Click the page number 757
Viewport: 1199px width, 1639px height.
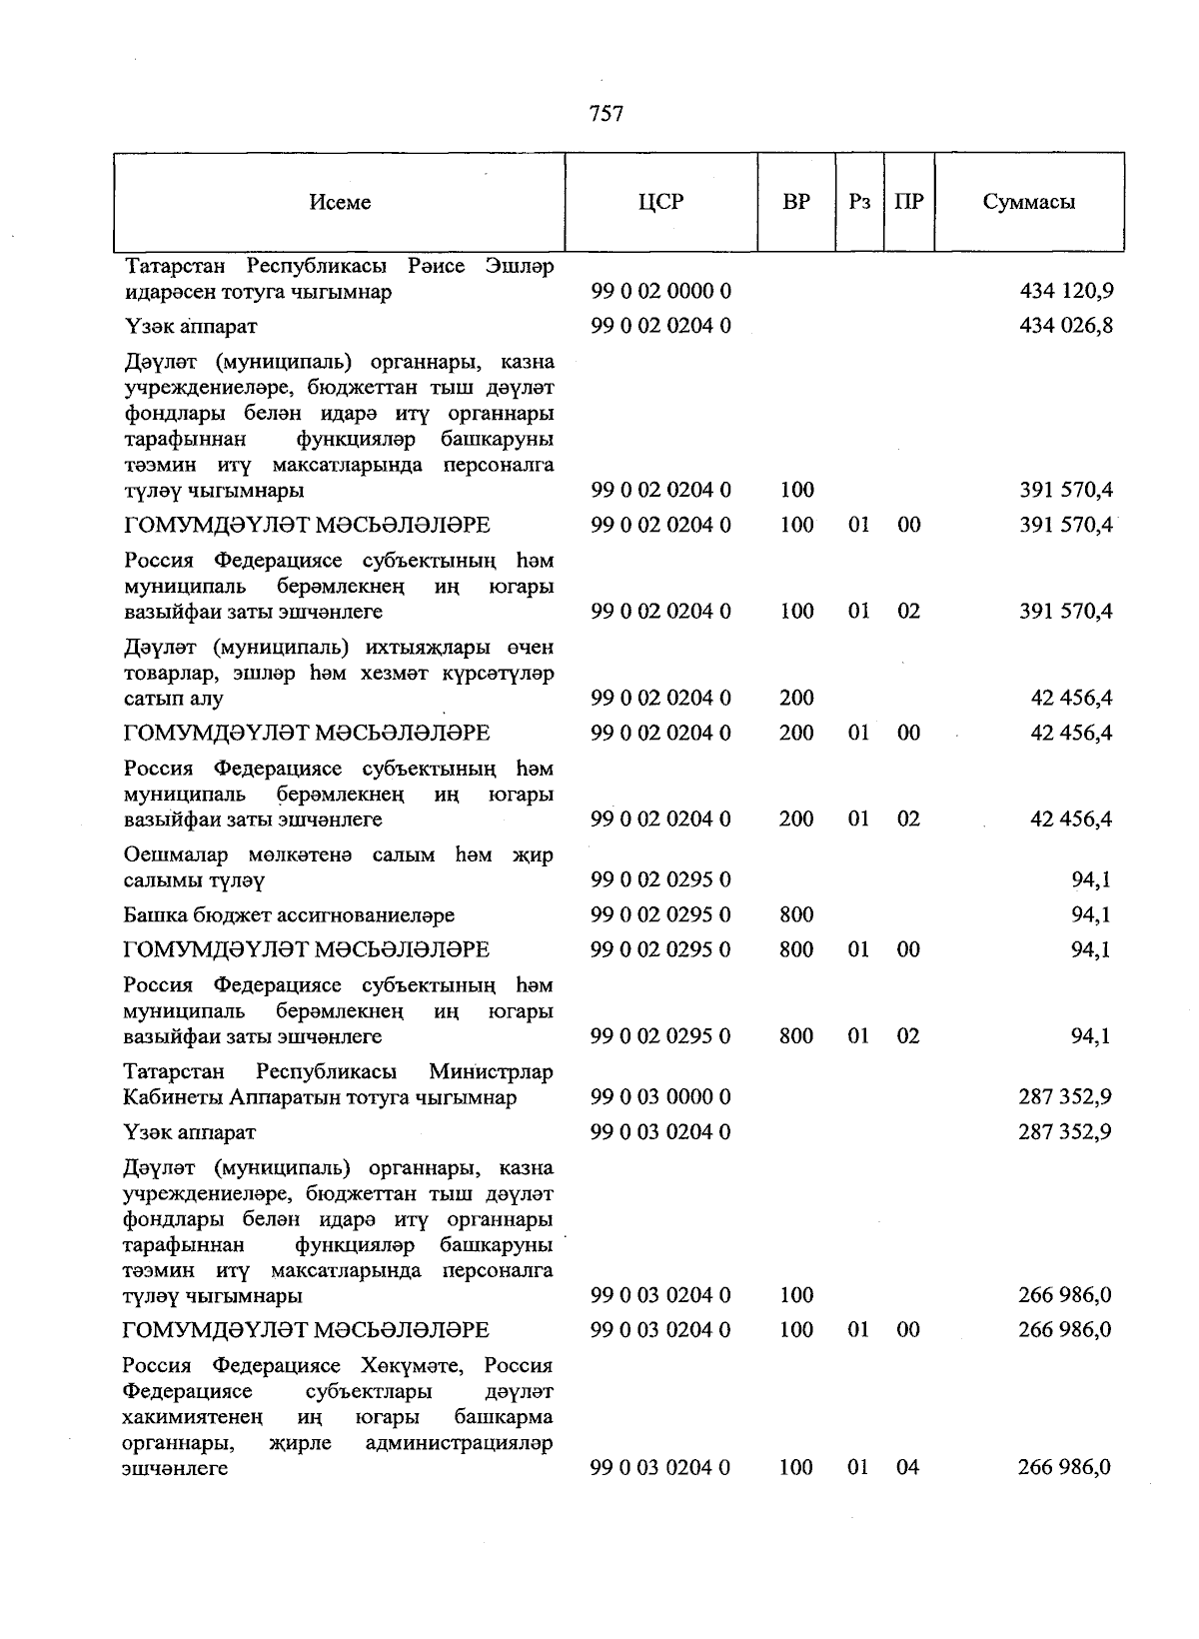[x=606, y=114]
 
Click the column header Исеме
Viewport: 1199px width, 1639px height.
[x=340, y=202]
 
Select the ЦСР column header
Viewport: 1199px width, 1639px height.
[x=660, y=202]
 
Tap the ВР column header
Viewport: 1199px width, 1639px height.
[x=796, y=202]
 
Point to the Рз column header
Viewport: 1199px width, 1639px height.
[x=859, y=202]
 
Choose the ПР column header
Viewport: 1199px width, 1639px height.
[x=908, y=202]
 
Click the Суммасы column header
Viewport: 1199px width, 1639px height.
[x=1029, y=202]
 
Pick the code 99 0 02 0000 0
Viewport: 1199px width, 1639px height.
[x=660, y=292]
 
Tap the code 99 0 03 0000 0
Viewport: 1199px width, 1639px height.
[x=660, y=1097]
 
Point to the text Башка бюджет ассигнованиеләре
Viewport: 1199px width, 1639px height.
[x=289, y=915]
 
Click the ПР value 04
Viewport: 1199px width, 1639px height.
[x=907, y=1468]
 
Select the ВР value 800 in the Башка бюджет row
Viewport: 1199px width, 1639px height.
[x=796, y=915]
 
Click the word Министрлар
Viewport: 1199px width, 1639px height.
[x=491, y=1072]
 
